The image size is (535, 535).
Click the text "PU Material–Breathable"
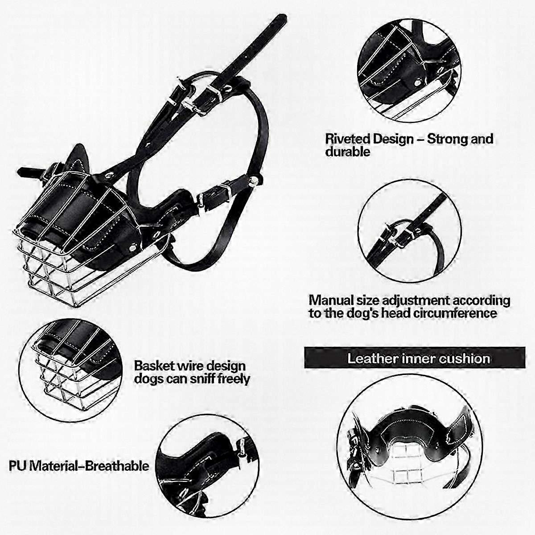click(79, 466)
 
